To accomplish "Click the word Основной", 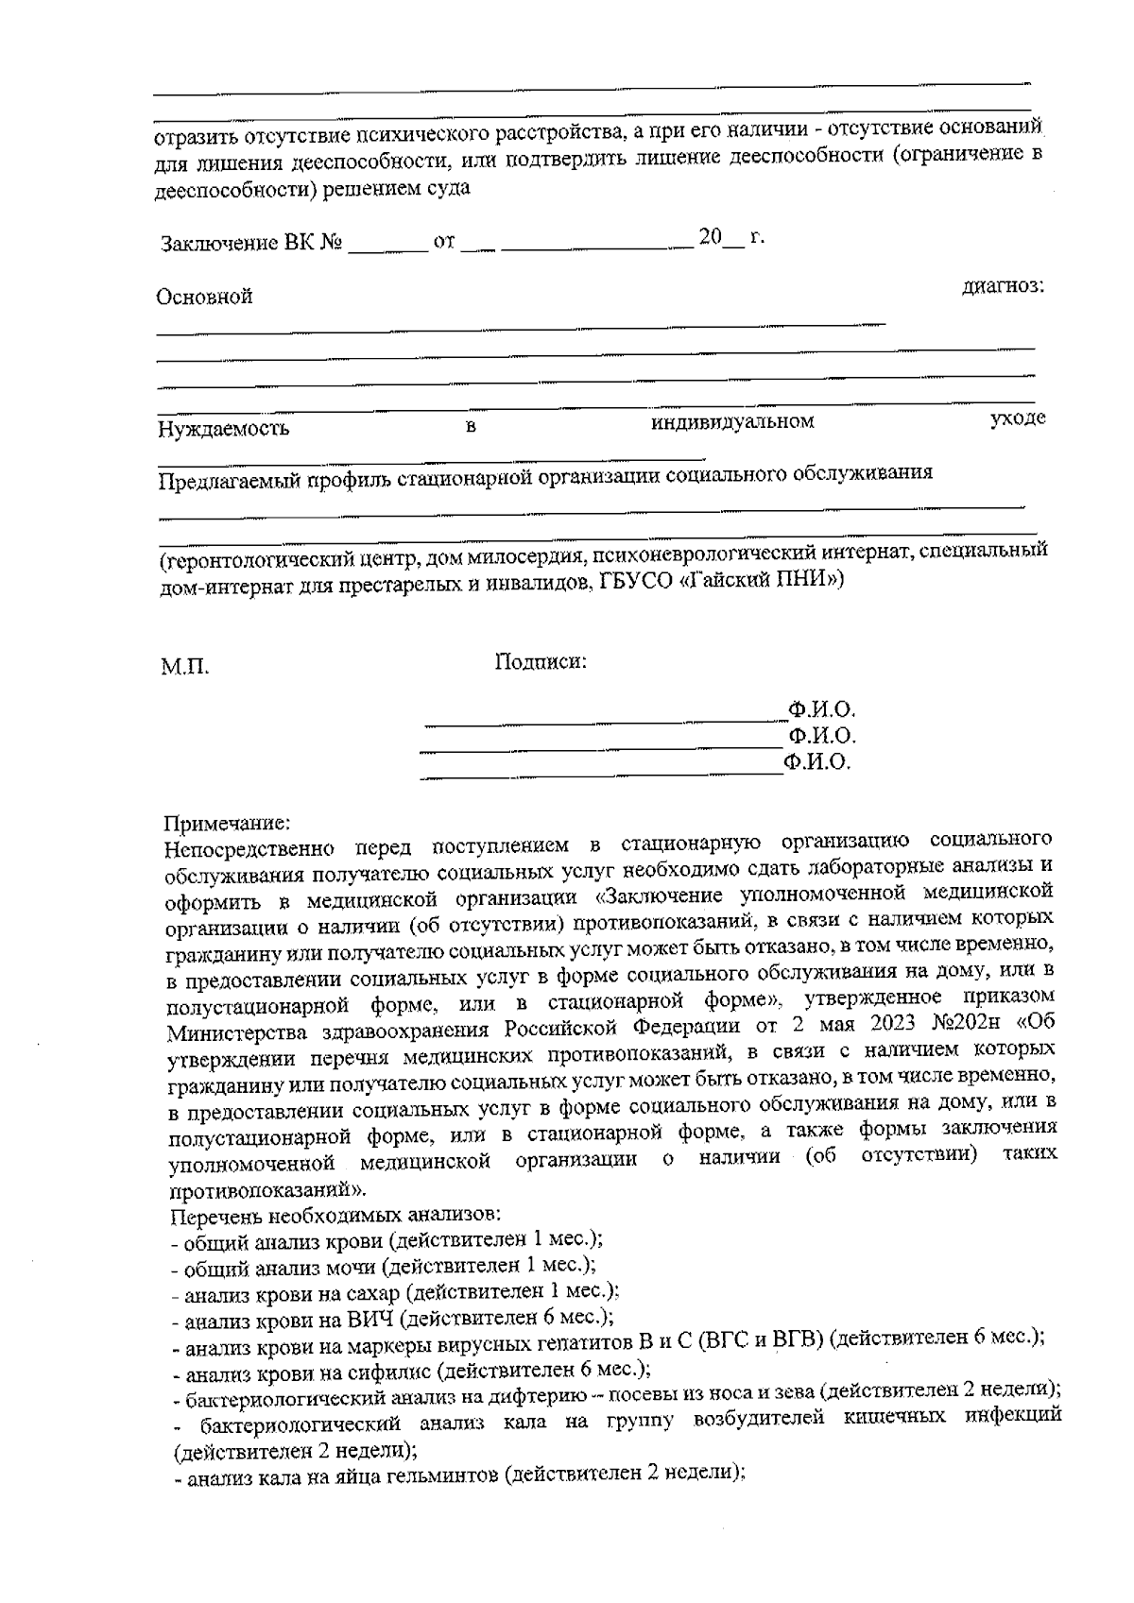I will [204, 297].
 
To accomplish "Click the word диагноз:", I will [1003, 285].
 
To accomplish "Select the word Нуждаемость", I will [223, 430].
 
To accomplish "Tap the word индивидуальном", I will [732, 422].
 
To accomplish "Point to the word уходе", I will [1017, 418].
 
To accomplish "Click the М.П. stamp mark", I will [184, 668].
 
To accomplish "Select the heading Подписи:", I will [541, 662].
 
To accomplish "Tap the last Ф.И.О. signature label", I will [817, 762].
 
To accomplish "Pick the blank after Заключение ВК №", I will [388, 248].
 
